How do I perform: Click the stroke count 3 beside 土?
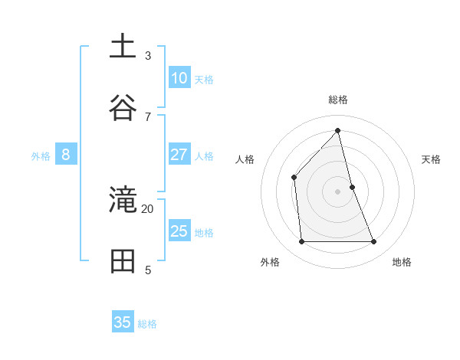148,55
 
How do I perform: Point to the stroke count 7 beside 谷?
148,116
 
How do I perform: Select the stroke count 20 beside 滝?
148,208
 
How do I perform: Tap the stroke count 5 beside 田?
148,270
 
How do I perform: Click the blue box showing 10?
179,78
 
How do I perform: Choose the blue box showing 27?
179,155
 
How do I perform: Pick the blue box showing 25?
179,231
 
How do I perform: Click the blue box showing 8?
66,155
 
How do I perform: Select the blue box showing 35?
123,322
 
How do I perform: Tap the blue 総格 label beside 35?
147,324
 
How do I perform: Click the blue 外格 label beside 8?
41,156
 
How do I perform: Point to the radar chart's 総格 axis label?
338,100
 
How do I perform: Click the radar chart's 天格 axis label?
431,159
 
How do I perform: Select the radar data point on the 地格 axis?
374,242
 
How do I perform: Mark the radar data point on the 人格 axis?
294,178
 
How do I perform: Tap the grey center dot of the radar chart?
338,191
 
